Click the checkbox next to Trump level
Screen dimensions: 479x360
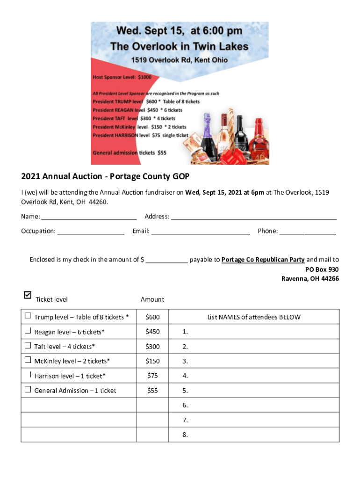click(28, 317)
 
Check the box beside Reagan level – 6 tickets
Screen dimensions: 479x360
click(28, 332)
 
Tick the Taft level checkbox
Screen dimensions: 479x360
click(28, 346)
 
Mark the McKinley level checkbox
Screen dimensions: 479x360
click(28, 361)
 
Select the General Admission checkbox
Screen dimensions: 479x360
click(28, 390)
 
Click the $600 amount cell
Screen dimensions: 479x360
click(152, 317)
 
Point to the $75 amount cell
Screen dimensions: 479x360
click(152, 376)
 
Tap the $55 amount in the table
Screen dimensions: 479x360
click(152, 390)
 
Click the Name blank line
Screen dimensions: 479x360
click(89, 217)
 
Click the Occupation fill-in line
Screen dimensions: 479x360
click(91, 231)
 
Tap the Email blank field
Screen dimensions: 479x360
click(201, 231)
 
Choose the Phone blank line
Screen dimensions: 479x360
click(308, 231)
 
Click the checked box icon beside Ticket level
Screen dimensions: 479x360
click(27, 295)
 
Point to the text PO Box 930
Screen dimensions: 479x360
click(322, 269)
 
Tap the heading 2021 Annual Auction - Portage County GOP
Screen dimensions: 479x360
click(105, 176)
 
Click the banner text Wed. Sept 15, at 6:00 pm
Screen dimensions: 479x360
click(180, 31)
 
